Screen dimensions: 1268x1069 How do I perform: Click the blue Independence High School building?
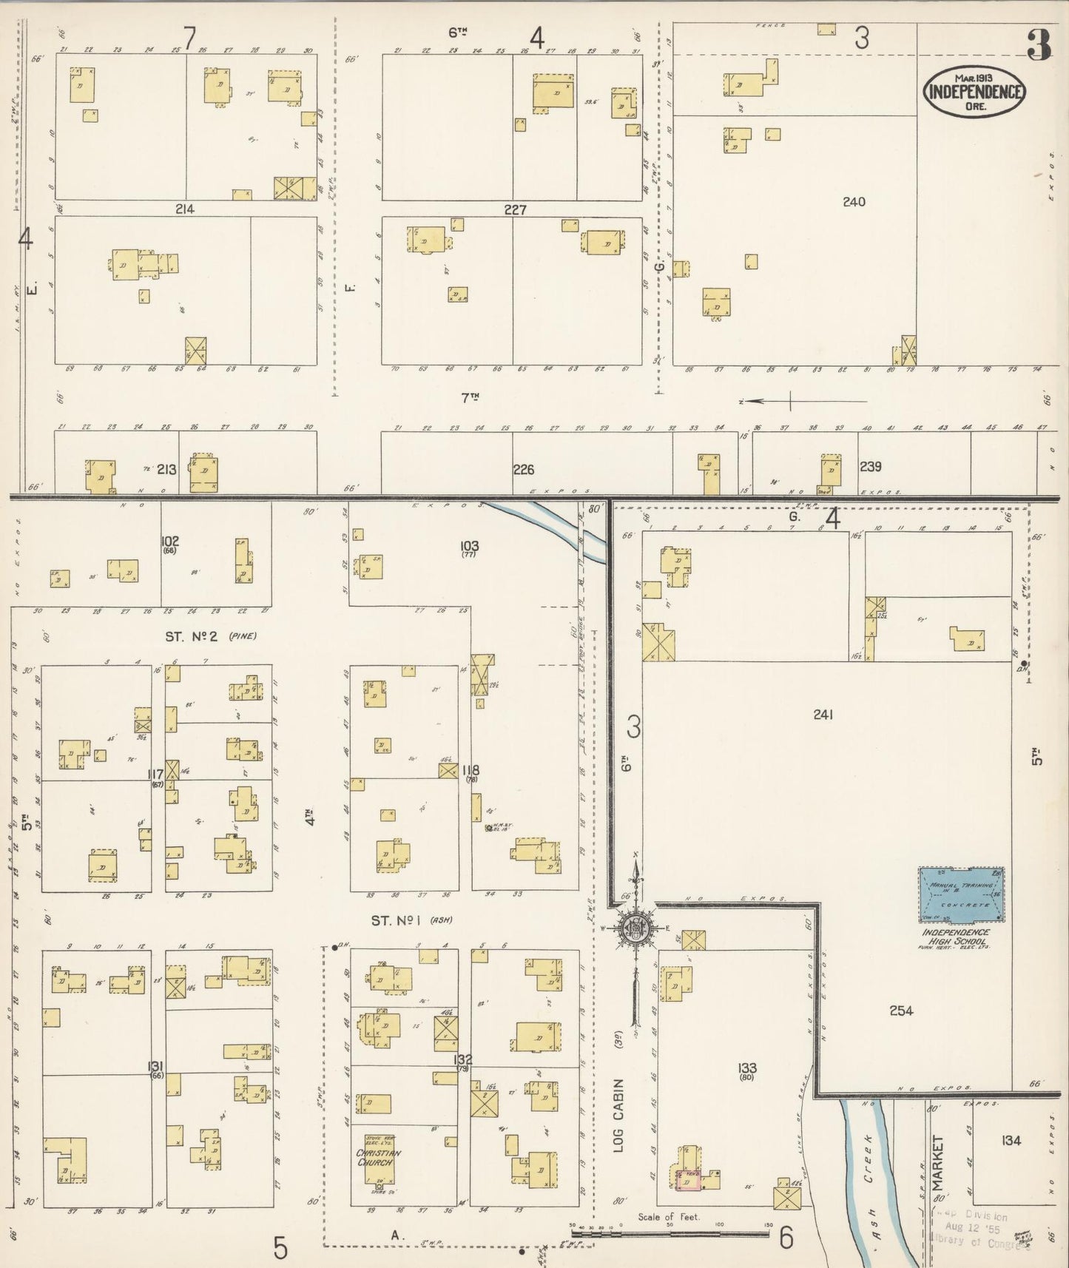[961, 895]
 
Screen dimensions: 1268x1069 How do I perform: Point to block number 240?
[854, 201]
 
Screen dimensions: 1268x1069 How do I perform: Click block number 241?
[823, 715]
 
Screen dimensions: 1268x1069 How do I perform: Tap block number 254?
[901, 1011]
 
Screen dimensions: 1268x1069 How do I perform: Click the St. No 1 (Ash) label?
[411, 921]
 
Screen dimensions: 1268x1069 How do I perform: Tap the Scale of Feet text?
[669, 1217]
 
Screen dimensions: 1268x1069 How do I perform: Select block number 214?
[184, 209]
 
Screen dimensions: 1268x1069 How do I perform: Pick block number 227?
[515, 210]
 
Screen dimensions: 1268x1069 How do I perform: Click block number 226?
[523, 469]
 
